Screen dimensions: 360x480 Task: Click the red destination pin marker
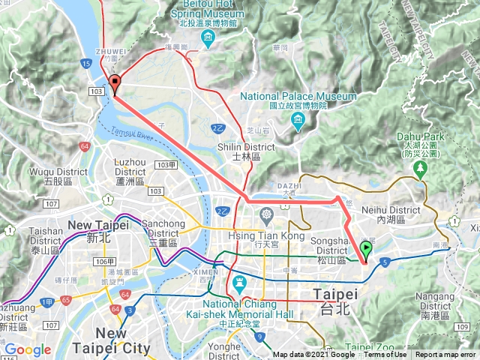(115, 83)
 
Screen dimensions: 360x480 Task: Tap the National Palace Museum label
(298, 97)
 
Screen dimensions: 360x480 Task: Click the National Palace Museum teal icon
(298, 121)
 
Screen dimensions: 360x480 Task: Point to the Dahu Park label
(420, 137)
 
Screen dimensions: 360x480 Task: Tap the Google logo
(27, 349)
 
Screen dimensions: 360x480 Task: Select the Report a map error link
(445, 355)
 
